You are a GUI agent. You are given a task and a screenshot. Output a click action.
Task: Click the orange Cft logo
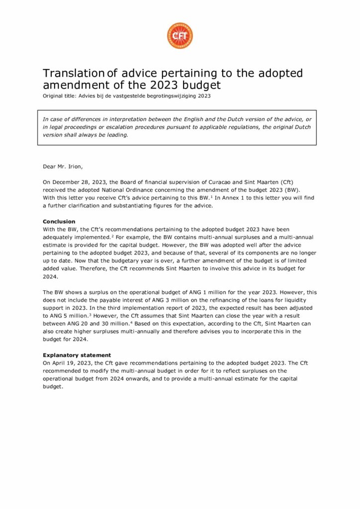point(180,36)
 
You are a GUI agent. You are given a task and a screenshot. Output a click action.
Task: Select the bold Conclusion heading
point(59,221)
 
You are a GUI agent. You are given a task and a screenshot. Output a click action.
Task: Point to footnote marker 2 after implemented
point(112,236)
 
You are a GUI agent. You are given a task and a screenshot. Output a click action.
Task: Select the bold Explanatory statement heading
point(77,355)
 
